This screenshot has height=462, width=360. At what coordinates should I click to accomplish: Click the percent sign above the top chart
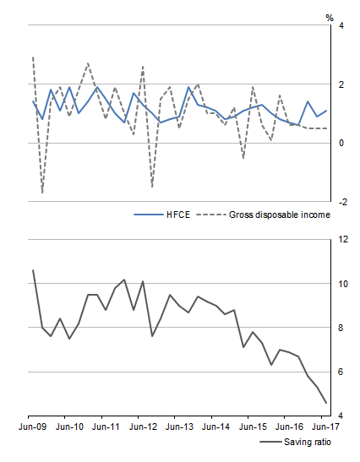[341, 16]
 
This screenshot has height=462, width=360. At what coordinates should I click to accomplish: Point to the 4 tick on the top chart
[341, 26]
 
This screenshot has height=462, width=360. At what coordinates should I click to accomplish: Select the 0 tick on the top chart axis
[341, 143]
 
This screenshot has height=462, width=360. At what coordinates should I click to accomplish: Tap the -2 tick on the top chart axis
[341, 202]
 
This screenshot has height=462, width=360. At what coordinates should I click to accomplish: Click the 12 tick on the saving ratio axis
[342, 240]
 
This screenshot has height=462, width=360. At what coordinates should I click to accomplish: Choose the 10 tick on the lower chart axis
[342, 284]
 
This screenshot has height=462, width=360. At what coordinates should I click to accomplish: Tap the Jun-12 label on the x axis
[141, 428]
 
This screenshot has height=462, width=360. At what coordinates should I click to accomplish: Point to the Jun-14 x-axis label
[214, 428]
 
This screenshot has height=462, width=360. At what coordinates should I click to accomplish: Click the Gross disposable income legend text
[279, 215]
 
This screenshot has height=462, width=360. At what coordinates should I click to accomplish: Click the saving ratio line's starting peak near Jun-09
[33, 270]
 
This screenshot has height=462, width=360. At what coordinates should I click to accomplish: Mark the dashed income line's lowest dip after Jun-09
[42, 193]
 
